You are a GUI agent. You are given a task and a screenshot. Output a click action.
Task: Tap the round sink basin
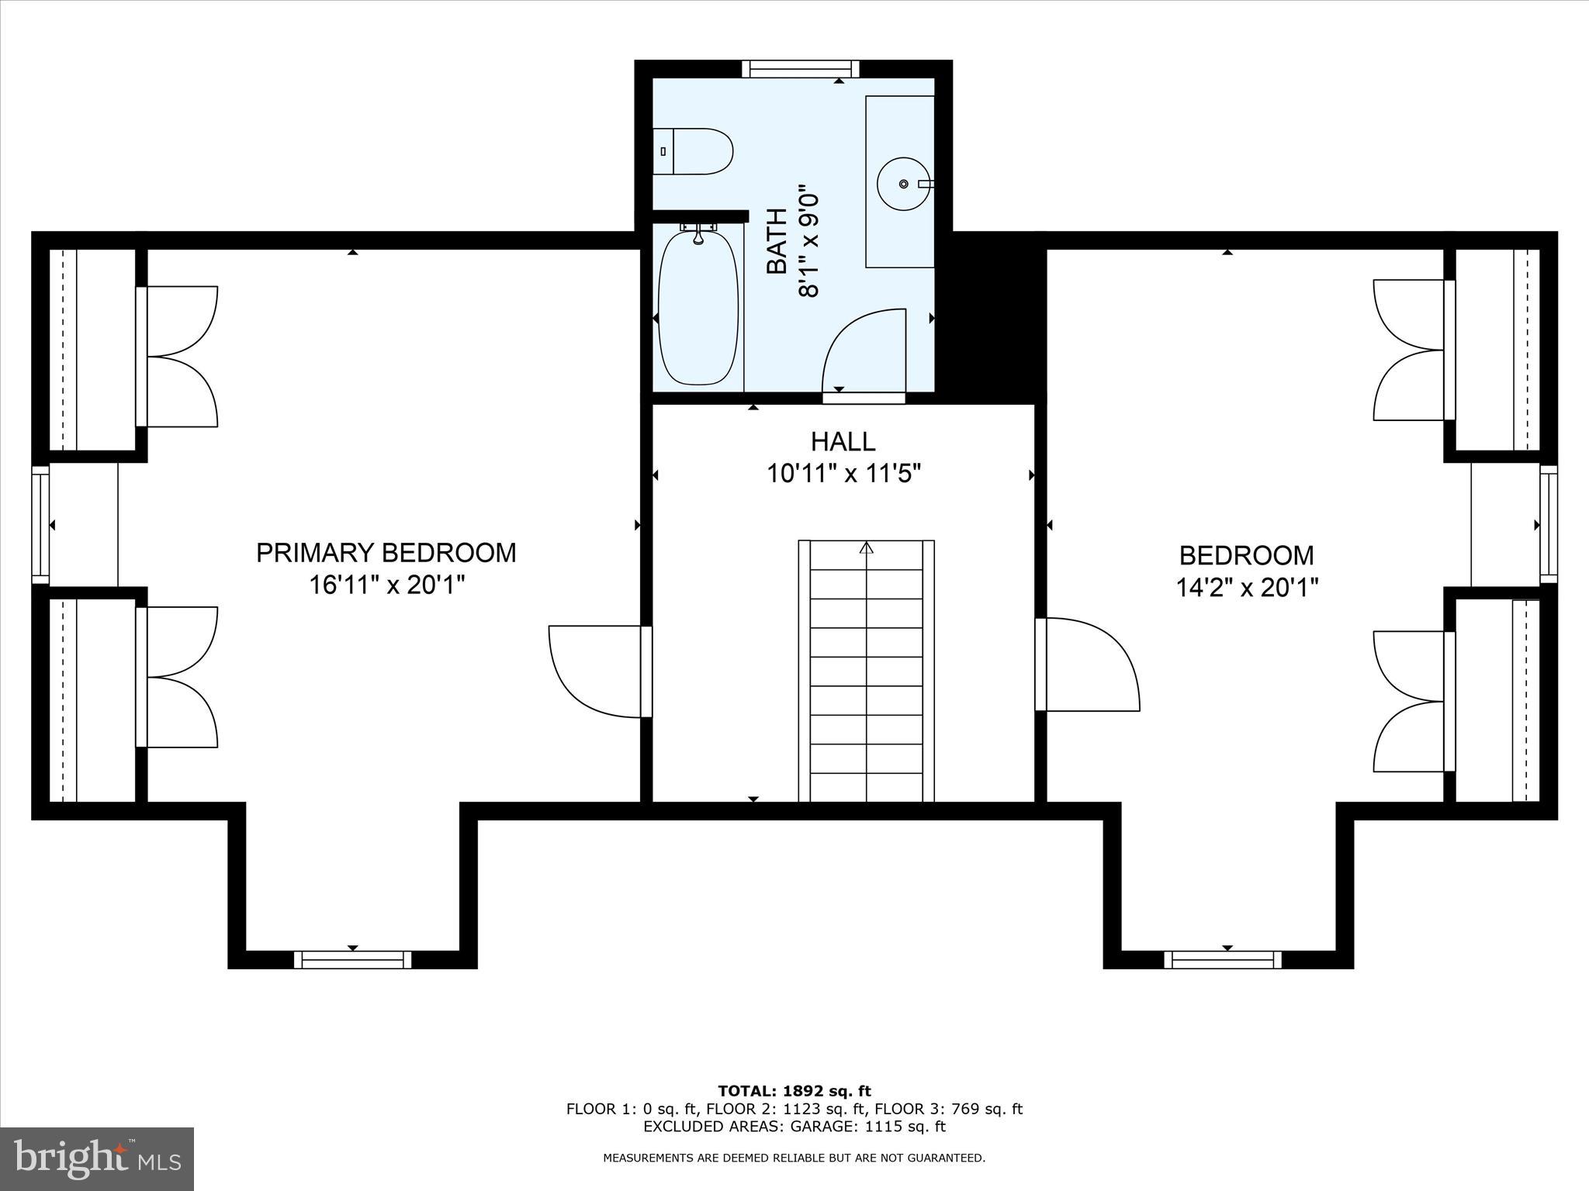pyautogui.click(x=903, y=184)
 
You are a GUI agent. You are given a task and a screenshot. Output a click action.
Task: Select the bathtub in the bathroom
pyautogui.click(x=698, y=308)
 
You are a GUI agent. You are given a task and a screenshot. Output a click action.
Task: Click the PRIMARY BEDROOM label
pyautogui.click(x=386, y=553)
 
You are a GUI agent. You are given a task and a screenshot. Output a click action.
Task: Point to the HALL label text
pyautogui.click(x=843, y=442)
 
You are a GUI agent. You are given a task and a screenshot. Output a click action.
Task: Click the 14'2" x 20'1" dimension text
pyautogui.click(x=1247, y=589)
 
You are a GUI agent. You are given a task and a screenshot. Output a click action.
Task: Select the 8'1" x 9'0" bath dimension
pyautogui.click(x=808, y=240)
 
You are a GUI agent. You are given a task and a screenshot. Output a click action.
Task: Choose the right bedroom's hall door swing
pyautogui.click(x=1090, y=665)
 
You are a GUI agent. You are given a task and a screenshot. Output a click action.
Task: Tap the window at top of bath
pyautogui.click(x=800, y=69)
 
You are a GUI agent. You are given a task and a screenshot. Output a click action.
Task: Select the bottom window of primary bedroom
pyautogui.click(x=353, y=960)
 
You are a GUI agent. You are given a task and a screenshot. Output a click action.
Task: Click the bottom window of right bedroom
pyautogui.click(x=1223, y=960)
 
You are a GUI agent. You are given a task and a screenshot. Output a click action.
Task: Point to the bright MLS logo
pyautogui.click(x=97, y=1159)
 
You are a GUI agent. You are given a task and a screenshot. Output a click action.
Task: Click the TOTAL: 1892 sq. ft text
pyautogui.click(x=794, y=1092)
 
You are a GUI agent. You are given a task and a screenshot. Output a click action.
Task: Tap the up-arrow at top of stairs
pyautogui.click(x=867, y=547)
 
